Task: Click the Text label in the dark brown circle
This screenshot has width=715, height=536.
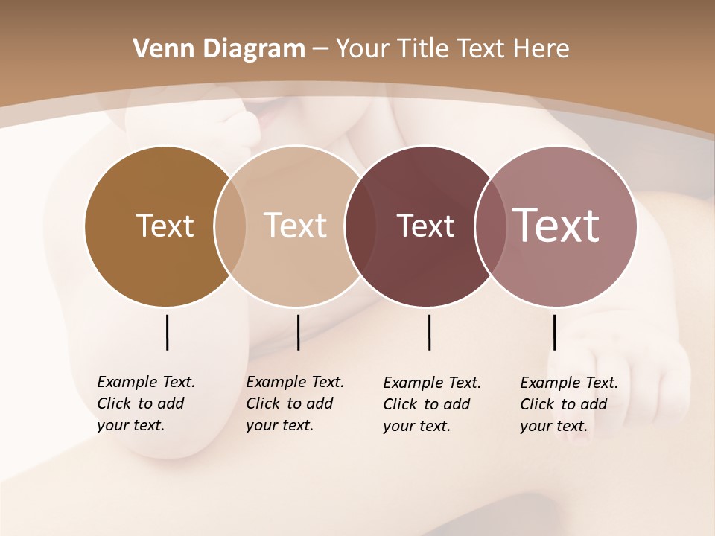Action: pyautogui.click(x=165, y=226)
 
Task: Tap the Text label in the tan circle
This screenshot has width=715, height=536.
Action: pyautogui.click(x=295, y=226)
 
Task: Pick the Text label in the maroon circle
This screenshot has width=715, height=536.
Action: pyautogui.click(x=425, y=226)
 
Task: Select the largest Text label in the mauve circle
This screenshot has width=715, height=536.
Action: pyautogui.click(x=556, y=225)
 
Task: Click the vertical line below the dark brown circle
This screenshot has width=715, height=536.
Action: pyautogui.click(x=167, y=332)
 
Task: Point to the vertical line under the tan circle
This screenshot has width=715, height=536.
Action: pyautogui.click(x=298, y=332)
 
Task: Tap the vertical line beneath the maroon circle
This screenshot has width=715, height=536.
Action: pyautogui.click(x=429, y=332)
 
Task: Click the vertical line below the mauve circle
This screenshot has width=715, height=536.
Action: pyautogui.click(x=554, y=332)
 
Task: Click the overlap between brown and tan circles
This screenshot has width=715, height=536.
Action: pyautogui.click(x=230, y=226)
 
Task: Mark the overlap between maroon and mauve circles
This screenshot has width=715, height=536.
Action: pyautogui.click(x=490, y=226)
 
